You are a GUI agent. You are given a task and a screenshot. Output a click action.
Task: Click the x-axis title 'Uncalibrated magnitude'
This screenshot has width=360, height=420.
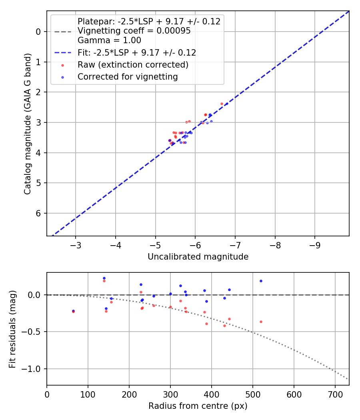198,257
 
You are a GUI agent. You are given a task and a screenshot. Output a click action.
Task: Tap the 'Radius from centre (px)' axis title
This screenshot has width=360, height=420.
198,406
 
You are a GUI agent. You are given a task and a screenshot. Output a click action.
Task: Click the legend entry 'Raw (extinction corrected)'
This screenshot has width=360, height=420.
133,65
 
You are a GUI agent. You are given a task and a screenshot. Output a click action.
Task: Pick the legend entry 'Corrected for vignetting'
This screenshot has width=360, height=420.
128,77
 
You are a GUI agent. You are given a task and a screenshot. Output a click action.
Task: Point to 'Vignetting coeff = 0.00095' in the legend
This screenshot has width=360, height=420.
134,31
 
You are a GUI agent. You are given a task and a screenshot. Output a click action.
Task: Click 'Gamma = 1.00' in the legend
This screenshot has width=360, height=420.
109,40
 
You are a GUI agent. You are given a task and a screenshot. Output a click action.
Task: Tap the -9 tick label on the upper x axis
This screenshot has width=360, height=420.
314,245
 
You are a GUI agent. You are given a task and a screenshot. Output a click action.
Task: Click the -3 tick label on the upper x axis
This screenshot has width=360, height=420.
76,245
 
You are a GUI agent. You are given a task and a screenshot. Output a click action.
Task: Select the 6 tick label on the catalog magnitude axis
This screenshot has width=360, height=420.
39,213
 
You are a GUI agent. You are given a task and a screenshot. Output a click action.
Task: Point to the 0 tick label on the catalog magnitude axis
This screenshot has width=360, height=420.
39,32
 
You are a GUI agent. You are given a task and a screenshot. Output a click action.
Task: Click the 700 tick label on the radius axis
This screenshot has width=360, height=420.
335,394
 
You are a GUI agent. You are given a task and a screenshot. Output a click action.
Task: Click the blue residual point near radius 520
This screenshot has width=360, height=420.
261,281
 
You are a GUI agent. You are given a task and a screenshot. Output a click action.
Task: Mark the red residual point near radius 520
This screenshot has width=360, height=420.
261,322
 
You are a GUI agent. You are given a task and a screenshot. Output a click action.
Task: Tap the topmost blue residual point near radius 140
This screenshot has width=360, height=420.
104,278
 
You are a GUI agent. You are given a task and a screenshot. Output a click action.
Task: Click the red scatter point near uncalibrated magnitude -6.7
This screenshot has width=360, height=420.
222,104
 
